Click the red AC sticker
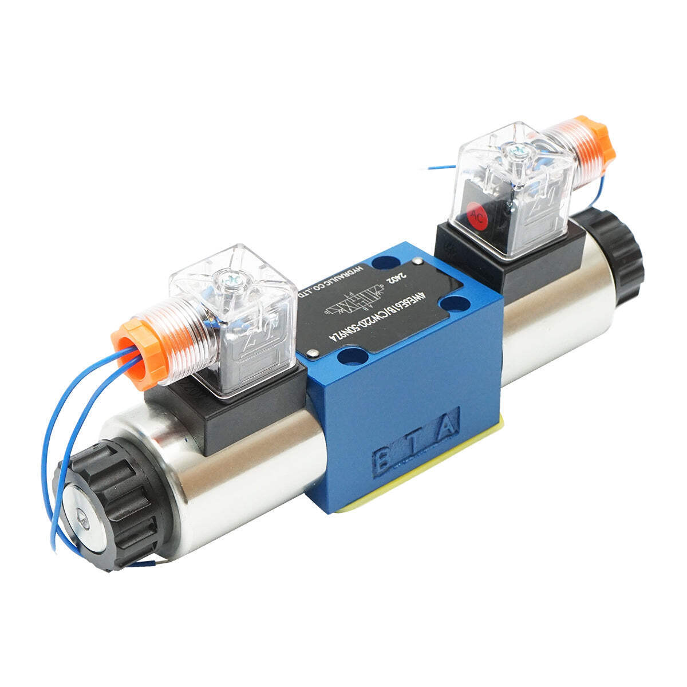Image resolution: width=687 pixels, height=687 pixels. (x=475, y=216)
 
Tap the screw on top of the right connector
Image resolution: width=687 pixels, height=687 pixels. (x=519, y=150)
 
